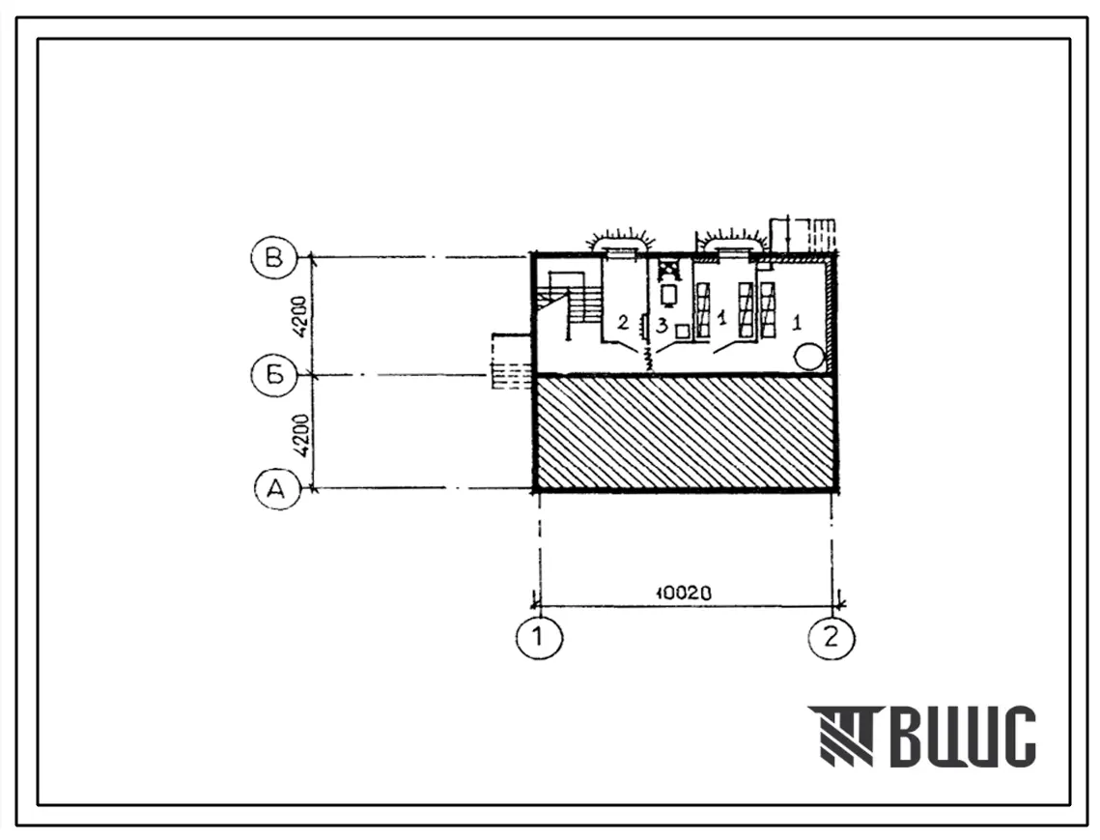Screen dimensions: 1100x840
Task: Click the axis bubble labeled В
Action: (x=273, y=258)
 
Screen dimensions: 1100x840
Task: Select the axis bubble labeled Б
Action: (x=273, y=374)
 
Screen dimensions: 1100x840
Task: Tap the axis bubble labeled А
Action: (x=277, y=487)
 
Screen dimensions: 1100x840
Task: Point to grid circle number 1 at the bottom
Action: (x=539, y=638)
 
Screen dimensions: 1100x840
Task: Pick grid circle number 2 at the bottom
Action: (x=832, y=638)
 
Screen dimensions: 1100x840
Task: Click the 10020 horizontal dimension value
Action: (x=684, y=593)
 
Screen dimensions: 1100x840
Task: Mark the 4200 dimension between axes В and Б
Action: (x=299, y=317)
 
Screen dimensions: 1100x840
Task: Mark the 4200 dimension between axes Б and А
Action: (x=300, y=434)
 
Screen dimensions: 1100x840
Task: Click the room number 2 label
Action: (x=622, y=323)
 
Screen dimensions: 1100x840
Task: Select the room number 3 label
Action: (x=661, y=325)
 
